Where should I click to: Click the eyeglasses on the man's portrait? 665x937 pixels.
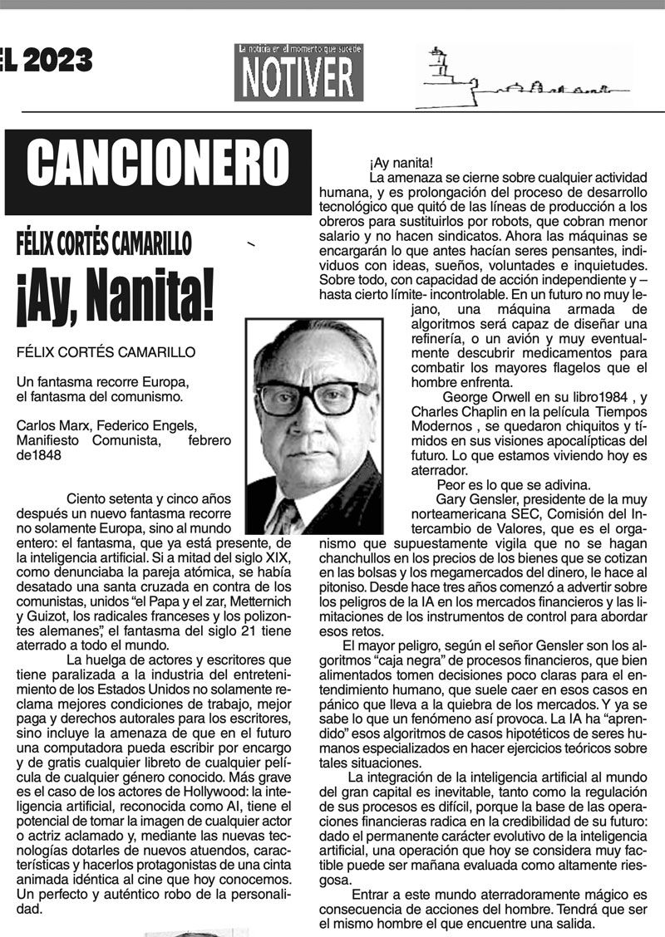[313, 398]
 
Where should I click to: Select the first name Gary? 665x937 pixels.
[451, 500]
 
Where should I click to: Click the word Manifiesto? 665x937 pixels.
[52, 441]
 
